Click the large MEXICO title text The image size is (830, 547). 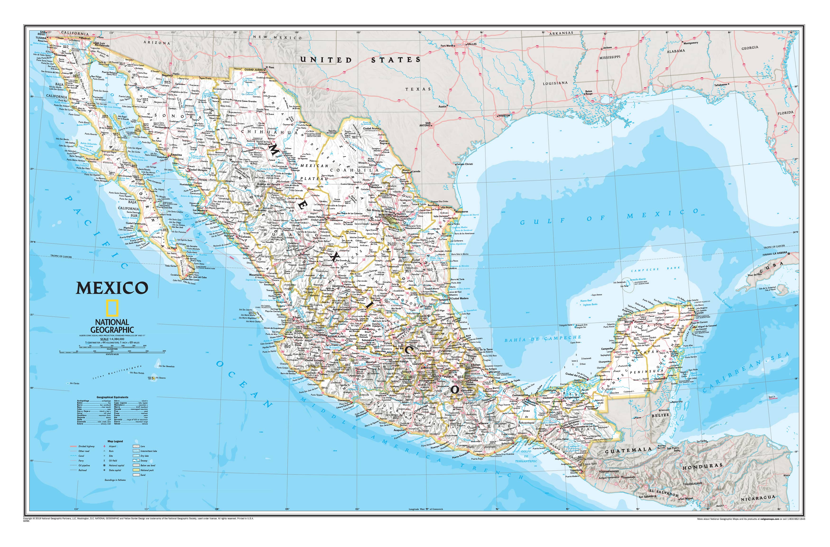[112, 288]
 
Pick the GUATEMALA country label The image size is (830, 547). [628, 450]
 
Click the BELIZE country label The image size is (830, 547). [660, 415]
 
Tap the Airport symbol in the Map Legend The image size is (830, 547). [104, 446]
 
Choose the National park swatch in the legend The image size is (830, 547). [136, 470]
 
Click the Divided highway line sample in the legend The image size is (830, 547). [73, 446]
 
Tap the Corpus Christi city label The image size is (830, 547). [464, 164]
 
